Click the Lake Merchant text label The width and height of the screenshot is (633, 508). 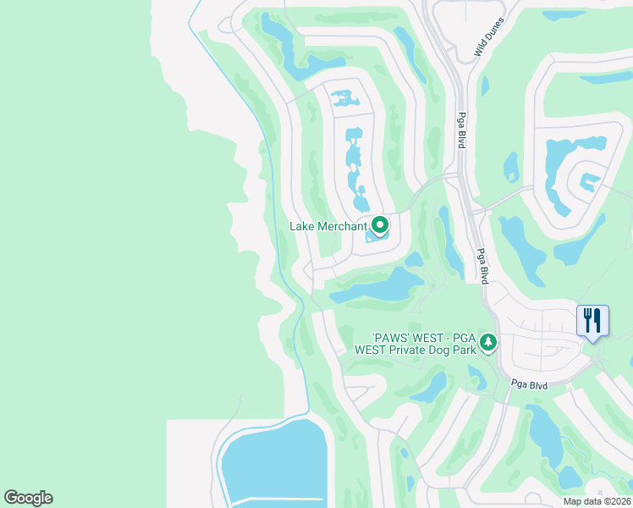click(x=328, y=226)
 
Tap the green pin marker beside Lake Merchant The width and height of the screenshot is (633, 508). click(x=380, y=224)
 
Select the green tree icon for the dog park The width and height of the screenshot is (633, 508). click(x=487, y=342)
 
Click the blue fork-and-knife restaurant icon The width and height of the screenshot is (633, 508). click(x=592, y=321)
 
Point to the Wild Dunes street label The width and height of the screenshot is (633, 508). click(x=489, y=38)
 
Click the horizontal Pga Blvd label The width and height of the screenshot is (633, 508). click(x=530, y=385)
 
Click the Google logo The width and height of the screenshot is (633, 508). click(x=28, y=498)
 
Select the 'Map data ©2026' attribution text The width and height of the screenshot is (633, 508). click(x=597, y=501)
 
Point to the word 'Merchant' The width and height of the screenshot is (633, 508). click(x=343, y=226)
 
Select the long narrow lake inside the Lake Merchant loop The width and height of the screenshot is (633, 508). click(x=355, y=165)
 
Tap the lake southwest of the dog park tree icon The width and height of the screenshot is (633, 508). click(x=429, y=387)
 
